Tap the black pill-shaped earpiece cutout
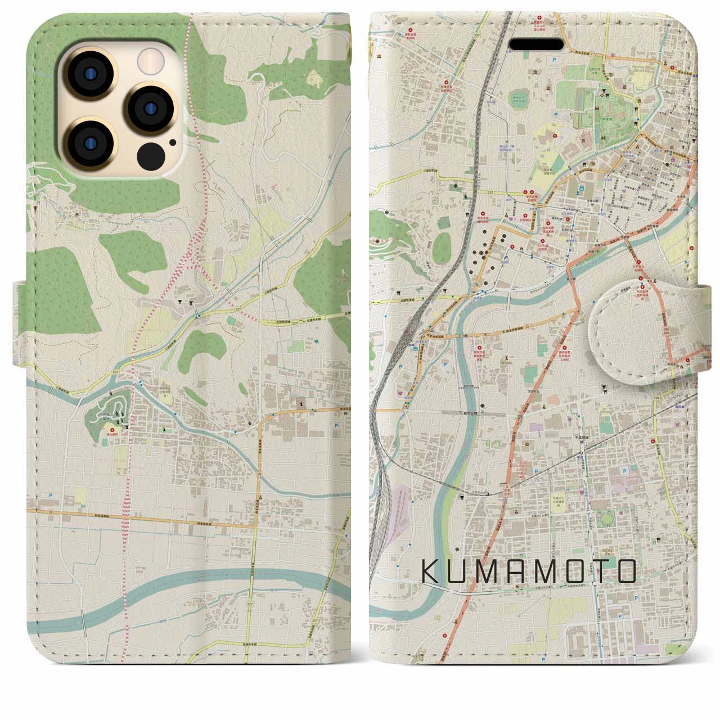[536, 44]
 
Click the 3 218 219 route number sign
[508, 487]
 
